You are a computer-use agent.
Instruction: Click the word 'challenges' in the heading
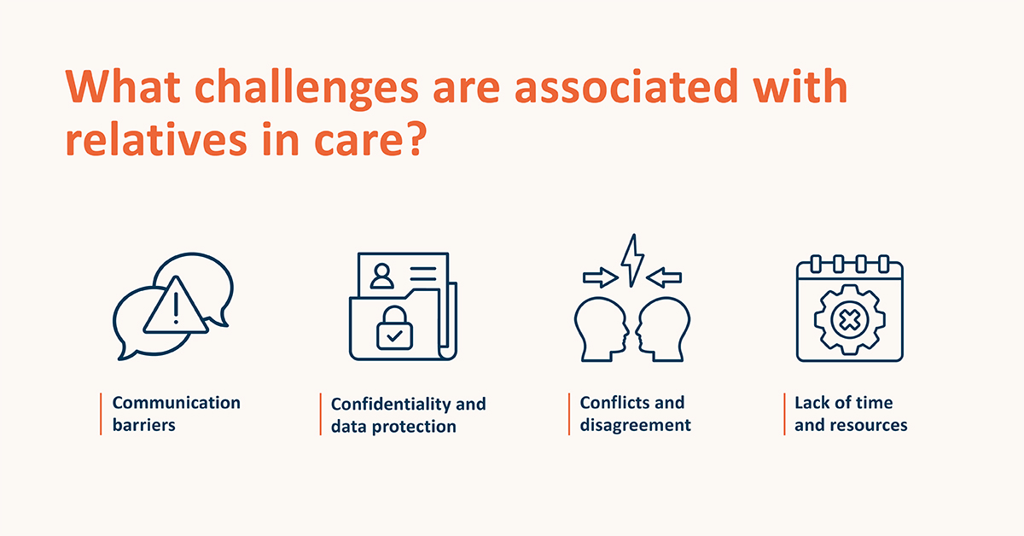click(x=306, y=88)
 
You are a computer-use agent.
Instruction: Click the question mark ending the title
click(x=416, y=138)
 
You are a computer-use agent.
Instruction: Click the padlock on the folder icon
click(x=394, y=328)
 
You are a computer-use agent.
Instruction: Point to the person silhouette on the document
click(x=381, y=276)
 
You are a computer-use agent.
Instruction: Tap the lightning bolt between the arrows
click(x=632, y=260)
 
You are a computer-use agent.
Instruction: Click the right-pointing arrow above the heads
click(x=601, y=277)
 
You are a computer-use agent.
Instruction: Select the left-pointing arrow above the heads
click(x=664, y=277)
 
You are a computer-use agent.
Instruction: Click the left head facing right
click(x=601, y=329)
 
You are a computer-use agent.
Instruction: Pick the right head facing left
click(x=663, y=329)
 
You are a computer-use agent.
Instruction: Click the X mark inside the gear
click(x=850, y=320)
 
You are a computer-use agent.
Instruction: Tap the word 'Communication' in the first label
click(x=177, y=403)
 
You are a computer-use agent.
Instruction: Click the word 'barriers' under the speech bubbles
click(x=144, y=425)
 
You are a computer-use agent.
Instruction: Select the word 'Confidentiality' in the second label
click(x=391, y=405)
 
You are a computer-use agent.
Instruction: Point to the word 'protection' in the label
click(x=414, y=427)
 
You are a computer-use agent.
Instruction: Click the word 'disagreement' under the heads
click(x=636, y=425)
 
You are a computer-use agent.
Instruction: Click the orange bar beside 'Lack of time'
click(x=784, y=414)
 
